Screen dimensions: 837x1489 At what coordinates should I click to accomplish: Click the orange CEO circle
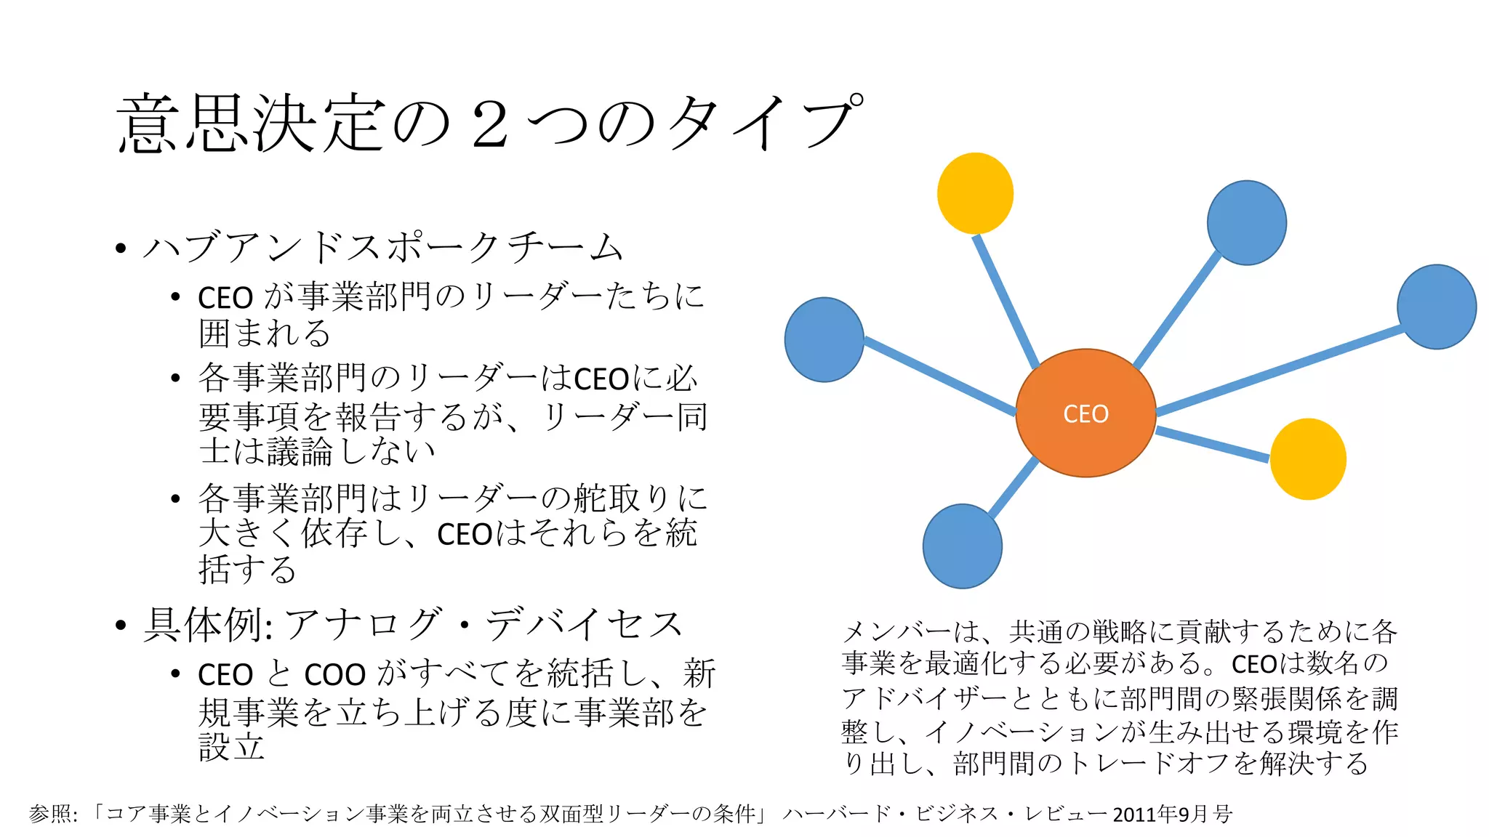pos(1085,413)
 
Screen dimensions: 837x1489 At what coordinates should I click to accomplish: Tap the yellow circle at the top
pos(975,193)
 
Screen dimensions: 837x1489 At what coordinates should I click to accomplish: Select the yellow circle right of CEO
pos(1308,459)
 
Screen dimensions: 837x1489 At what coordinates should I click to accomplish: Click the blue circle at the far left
pos(824,339)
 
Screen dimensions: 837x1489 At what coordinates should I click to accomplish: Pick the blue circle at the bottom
pos(962,546)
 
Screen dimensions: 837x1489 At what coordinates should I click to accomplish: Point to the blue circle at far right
pos(1437,307)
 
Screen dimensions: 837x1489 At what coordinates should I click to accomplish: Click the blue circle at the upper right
pos(1247,222)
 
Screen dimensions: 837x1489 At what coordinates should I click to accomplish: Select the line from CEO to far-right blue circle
pos(1280,371)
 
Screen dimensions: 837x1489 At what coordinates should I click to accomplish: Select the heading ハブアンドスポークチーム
pos(383,247)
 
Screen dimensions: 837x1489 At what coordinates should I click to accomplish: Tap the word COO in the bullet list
pos(334,675)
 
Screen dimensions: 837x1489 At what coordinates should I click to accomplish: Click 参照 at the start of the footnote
pos(49,814)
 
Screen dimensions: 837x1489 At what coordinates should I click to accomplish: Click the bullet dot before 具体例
pos(121,625)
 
